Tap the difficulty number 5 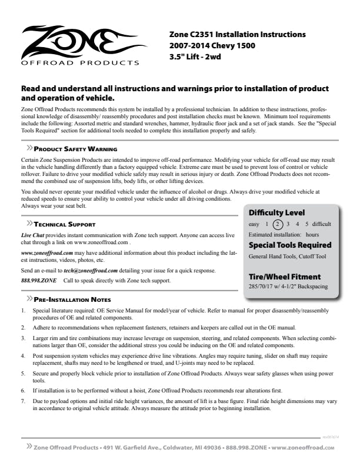click(306, 224)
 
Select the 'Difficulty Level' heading click(276, 212)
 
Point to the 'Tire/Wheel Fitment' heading click(285, 277)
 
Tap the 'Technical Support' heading click(64, 224)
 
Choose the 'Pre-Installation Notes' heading click(72, 299)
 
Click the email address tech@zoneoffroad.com click(91, 270)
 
